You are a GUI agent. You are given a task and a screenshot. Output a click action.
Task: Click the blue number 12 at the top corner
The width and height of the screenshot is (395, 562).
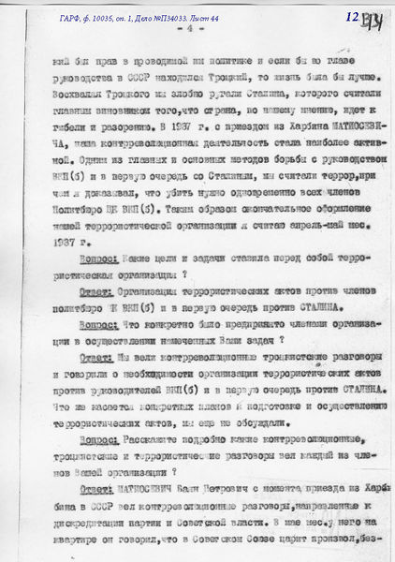click(x=351, y=17)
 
